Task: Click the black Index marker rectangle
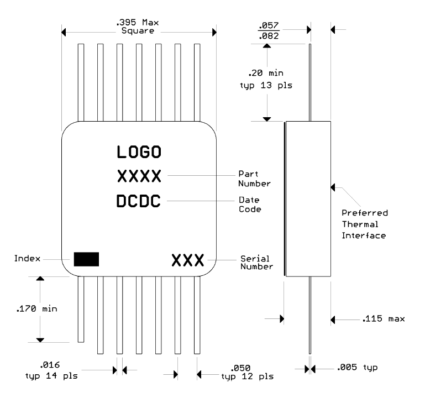(86, 259)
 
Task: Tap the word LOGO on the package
(139, 151)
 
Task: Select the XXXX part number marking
(139, 177)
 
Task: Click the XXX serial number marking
(188, 260)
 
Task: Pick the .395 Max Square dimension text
(138, 27)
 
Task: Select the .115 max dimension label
(384, 319)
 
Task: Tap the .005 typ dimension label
(357, 368)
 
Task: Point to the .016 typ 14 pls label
(52, 370)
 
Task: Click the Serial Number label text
(256, 263)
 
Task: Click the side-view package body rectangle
(308, 198)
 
